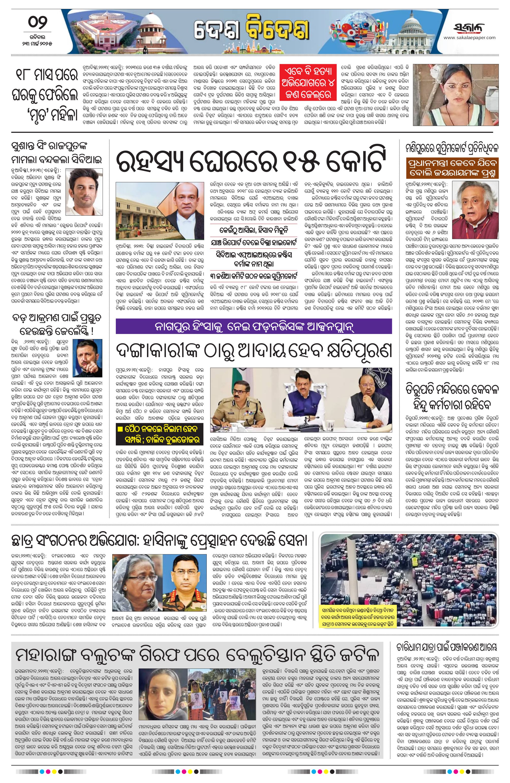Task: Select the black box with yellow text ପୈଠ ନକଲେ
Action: click(x=160, y=434)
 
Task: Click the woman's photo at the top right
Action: click(x=456, y=94)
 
